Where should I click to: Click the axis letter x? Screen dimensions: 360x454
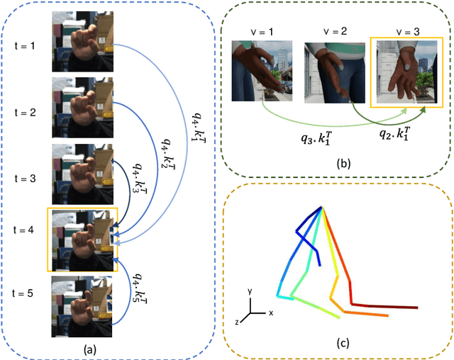coord(271,313)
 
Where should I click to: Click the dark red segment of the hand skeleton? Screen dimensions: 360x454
coord(393,306)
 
